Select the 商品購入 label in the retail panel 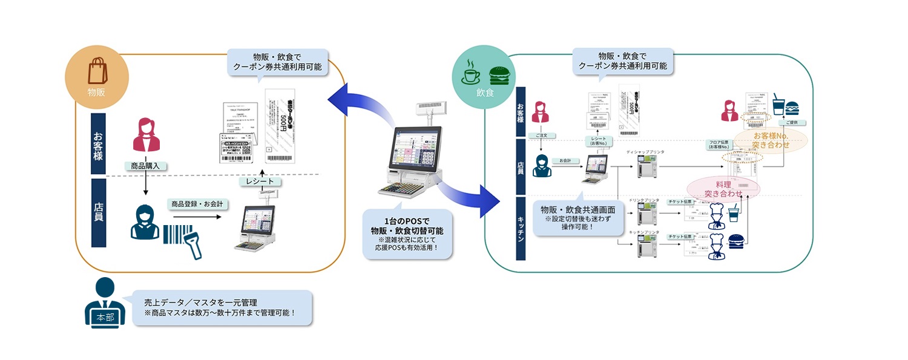(x=145, y=165)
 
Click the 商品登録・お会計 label (x=197, y=205)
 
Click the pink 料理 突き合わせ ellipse (x=723, y=188)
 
